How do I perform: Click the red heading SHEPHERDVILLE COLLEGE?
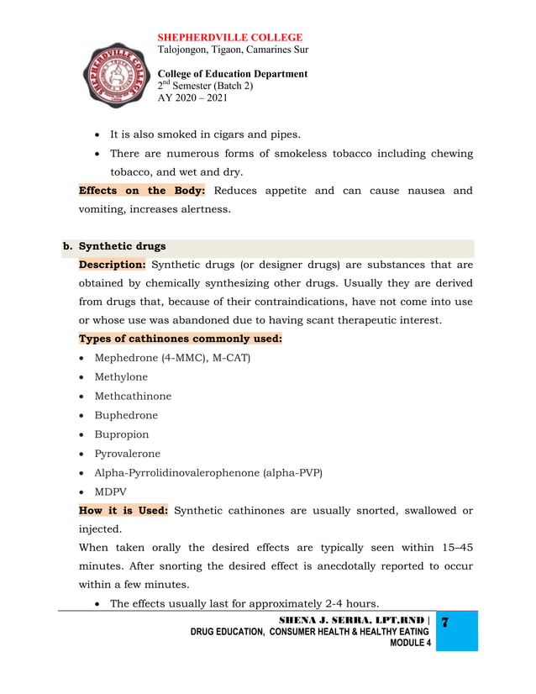coord(230,38)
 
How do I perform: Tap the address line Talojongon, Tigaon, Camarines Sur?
coord(233,50)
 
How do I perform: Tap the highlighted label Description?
coord(112,265)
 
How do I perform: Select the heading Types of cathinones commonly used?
coord(180,339)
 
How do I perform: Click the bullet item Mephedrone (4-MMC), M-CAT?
coord(172,358)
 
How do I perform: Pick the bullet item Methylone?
coord(121,377)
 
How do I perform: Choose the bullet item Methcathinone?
coord(133,397)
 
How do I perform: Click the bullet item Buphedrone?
coord(126,415)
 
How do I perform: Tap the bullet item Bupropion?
coord(122,434)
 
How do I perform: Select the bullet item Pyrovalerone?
coord(127,454)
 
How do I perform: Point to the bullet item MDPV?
coord(111,492)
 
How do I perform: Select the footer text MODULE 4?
coord(411,643)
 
